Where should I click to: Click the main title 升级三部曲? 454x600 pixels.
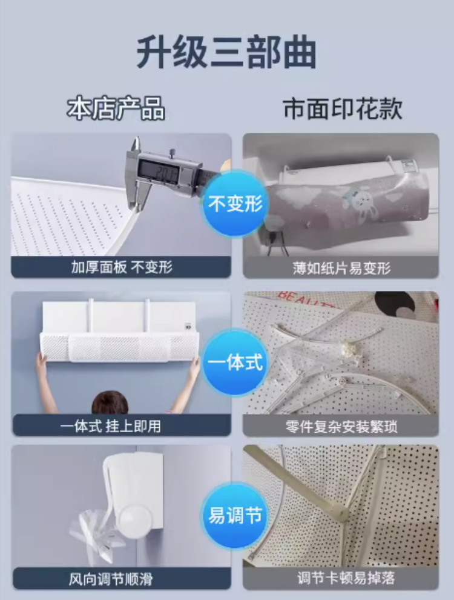point(226,52)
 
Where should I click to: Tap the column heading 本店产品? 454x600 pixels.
point(116,108)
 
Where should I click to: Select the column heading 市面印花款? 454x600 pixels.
point(343,108)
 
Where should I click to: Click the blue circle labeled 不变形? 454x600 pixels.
point(235,203)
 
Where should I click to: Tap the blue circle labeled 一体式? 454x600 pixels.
point(235,362)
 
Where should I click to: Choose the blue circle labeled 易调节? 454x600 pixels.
point(235,515)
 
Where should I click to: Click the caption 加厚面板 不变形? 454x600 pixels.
point(122,267)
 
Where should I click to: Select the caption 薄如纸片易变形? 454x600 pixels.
point(341,268)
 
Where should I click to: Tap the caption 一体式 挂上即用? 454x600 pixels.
point(110,426)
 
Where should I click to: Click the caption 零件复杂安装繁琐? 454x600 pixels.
point(341,426)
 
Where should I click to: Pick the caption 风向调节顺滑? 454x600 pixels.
point(110,579)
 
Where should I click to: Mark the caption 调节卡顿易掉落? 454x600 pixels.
point(346,578)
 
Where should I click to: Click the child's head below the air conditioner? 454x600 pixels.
point(110,402)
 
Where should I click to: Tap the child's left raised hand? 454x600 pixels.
point(41,361)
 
